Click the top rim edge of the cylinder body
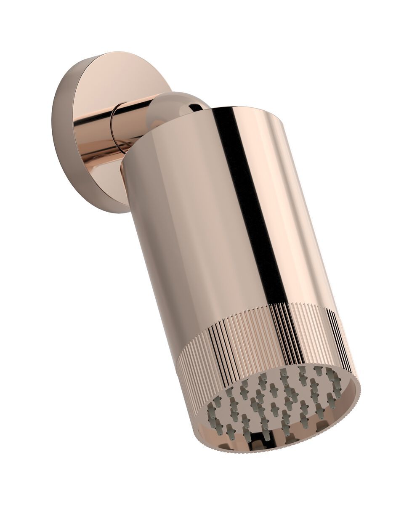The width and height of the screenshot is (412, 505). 248,110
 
